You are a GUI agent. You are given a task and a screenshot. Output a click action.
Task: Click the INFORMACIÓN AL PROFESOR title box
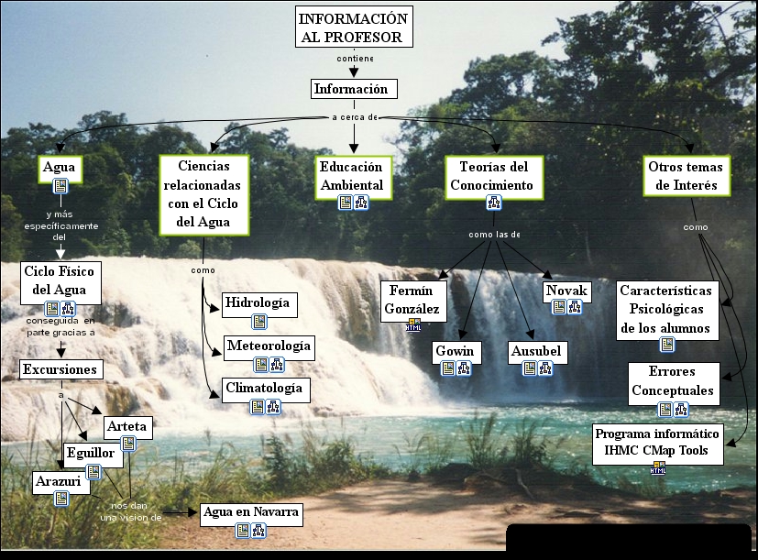click(353, 27)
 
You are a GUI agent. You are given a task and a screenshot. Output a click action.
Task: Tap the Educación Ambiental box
click(352, 178)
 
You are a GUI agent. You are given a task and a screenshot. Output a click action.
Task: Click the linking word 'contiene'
click(355, 59)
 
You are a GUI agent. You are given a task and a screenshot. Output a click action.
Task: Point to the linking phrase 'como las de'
click(494, 235)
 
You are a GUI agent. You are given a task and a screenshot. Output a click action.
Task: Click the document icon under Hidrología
click(259, 321)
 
